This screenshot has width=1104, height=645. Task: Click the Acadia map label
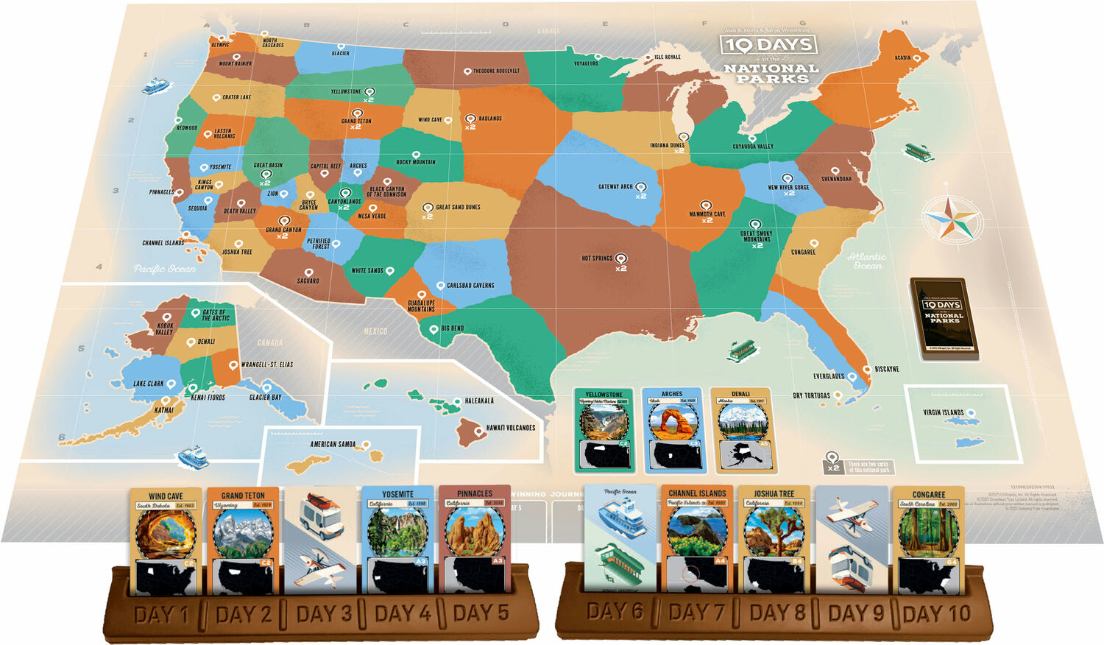[x=902, y=57]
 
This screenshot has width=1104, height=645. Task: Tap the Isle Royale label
[x=668, y=57]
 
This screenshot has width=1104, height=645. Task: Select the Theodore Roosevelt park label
[x=496, y=71]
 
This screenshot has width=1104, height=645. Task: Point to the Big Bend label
[x=452, y=328]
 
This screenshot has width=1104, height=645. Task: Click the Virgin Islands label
[x=943, y=412]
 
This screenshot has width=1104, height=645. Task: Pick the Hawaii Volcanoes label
[x=511, y=428]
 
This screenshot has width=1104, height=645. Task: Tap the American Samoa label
[x=333, y=444]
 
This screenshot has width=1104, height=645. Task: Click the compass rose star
[x=952, y=218]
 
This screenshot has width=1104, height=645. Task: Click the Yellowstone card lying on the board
[x=604, y=431]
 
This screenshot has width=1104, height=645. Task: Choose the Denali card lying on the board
[x=741, y=431]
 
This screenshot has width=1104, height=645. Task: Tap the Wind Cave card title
[x=166, y=496]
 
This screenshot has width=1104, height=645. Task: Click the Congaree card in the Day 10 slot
[x=929, y=541]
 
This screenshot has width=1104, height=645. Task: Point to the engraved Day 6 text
[x=615, y=612]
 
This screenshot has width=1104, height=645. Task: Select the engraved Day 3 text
[x=324, y=614]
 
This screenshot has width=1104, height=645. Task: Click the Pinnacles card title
[x=475, y=493]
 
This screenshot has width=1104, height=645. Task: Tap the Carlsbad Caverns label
[x=470, y=286]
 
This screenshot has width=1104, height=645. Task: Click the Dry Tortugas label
[x=811, y=396]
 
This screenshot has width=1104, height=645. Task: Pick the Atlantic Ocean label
[x=866, y=261]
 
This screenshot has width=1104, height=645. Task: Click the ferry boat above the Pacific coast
[x=155, y=86]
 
